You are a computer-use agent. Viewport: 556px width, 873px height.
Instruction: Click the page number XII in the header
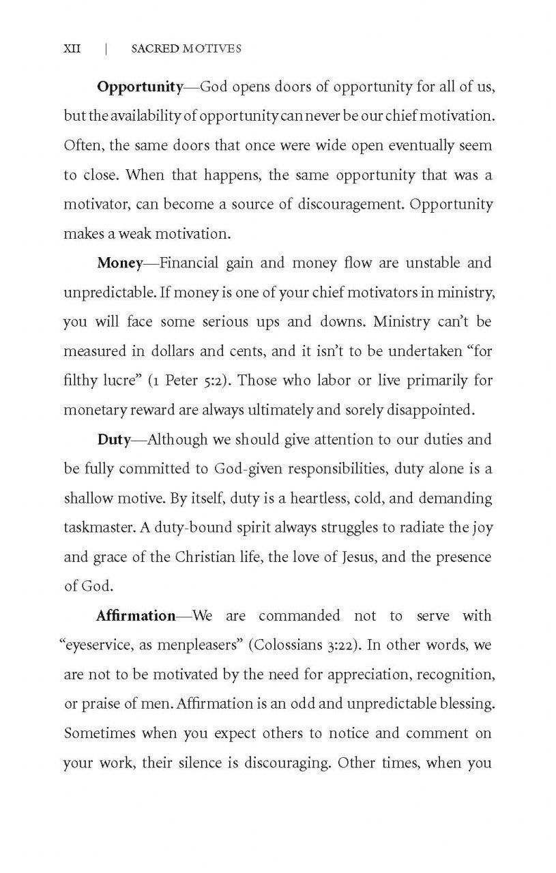72,48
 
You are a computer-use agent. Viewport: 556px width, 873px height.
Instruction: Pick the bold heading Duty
113,439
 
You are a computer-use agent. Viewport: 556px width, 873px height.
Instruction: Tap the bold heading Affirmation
136,616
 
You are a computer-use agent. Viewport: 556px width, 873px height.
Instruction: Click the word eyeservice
103,645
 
